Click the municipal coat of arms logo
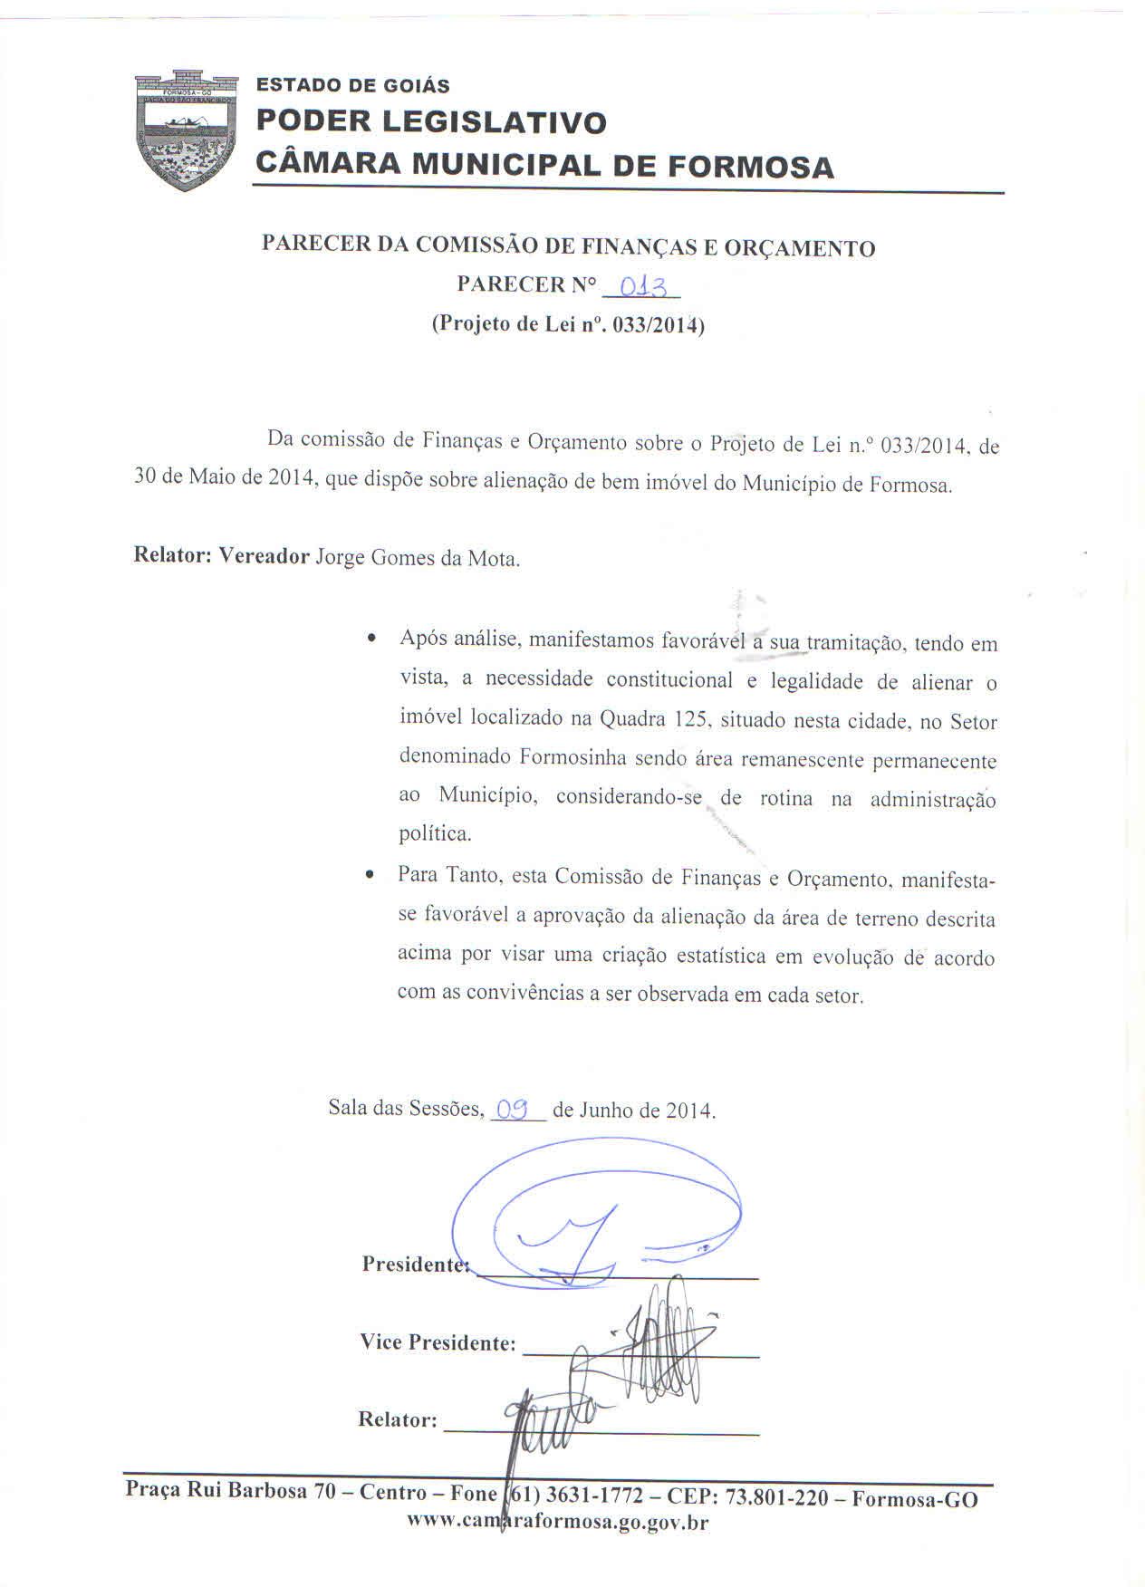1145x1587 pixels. (x=186, y=130)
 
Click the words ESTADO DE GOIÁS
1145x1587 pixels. (x=352, y=86)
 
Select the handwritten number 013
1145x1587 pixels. (x=640, y=288)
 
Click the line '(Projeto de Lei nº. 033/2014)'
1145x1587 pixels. (x=568, y=324)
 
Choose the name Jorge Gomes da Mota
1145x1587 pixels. (x=418, y=558)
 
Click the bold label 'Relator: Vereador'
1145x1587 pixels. (x=222, y=555)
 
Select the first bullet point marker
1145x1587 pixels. (x=370, y=640)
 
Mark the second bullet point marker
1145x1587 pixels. (x=369, y=876)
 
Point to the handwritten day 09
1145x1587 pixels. (x=513, y=1109)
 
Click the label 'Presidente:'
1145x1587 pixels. (x=415, y=1264)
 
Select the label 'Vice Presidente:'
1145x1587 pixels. (x=438, y=1342)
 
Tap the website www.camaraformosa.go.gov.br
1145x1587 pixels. (x=557, y=1522)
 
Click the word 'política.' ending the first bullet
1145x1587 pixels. (x=436, y=833)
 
